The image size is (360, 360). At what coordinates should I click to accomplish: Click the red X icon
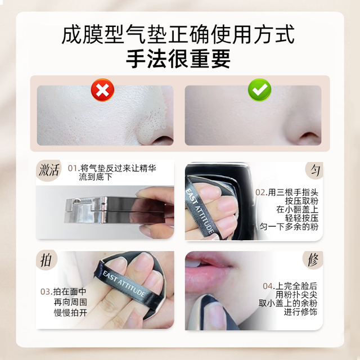[102, 90]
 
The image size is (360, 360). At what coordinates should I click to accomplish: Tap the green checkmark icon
[259, 90]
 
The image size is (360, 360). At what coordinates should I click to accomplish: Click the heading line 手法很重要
[178, 58]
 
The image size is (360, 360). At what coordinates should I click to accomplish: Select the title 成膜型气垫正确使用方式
[178, 34]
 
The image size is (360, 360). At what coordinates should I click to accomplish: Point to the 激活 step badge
[49, 170]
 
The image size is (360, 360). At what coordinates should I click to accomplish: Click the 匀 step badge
[314, 170]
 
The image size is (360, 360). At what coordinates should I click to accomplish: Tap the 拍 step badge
[46, 260]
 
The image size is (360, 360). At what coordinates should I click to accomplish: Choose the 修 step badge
[313, 260]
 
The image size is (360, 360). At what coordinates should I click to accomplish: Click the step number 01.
[73, 168]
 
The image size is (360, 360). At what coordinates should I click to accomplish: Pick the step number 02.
[260, 192]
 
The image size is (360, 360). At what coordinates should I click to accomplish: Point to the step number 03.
[46, 291]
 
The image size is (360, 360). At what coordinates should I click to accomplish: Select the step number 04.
[268, 286]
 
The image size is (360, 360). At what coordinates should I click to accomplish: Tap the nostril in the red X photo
[163, 139]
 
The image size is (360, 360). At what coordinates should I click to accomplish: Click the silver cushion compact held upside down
[115, 210]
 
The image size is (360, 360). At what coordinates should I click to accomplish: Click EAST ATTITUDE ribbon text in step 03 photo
[124, 283]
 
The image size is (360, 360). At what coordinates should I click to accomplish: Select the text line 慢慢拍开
[70, 312]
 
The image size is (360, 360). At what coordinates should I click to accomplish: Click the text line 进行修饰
[300, 312]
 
